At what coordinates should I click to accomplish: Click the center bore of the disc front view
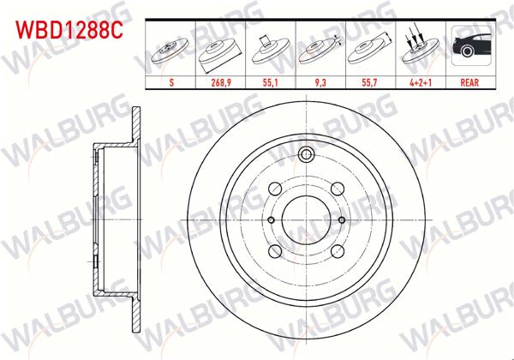(x=306, y=219)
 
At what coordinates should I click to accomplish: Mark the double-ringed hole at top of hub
(x=306, y=155)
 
